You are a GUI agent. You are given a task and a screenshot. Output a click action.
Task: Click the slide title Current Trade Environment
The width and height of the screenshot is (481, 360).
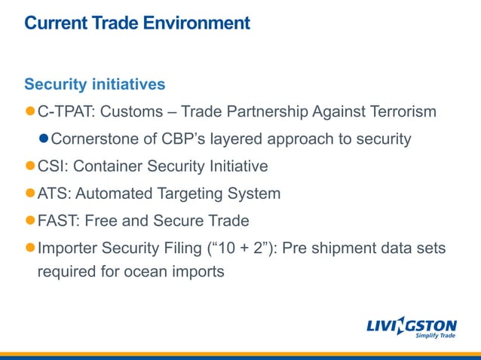[136, 23]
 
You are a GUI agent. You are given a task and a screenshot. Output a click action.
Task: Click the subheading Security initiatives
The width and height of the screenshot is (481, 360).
[95, 84]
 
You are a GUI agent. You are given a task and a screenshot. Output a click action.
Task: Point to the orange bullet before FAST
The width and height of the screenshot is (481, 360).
[30, 221]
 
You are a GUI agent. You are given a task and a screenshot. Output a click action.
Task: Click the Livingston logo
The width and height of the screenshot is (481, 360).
[412, 325]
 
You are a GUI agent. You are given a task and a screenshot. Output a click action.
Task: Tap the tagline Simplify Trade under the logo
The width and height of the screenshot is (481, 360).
[437, 337]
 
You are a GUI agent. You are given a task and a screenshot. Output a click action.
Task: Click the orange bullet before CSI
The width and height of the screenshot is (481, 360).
[30, 166]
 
